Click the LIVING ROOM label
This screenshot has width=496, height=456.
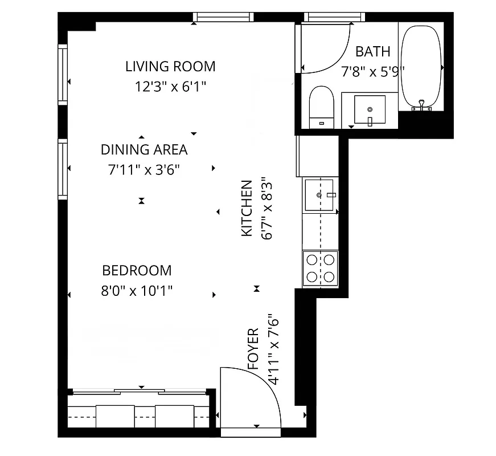pos(170,67)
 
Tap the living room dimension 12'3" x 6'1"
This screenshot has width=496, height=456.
pos(170,87)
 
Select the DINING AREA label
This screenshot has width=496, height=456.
pos(144,150)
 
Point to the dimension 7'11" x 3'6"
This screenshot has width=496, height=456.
pos(144,169)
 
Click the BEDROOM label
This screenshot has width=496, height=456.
pos(137,270)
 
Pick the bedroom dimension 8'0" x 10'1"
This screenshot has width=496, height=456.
pos(137,291)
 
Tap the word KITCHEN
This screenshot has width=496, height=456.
pos(247,208)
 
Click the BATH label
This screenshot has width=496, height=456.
pos(373,52)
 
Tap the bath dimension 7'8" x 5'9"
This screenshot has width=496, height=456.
pos(373,72)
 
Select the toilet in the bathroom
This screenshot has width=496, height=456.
pos(322,107)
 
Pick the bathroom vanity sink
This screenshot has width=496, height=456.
pos(370,109)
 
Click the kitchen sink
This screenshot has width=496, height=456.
pos(318,195)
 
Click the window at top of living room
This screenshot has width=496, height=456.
pos(223,17)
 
